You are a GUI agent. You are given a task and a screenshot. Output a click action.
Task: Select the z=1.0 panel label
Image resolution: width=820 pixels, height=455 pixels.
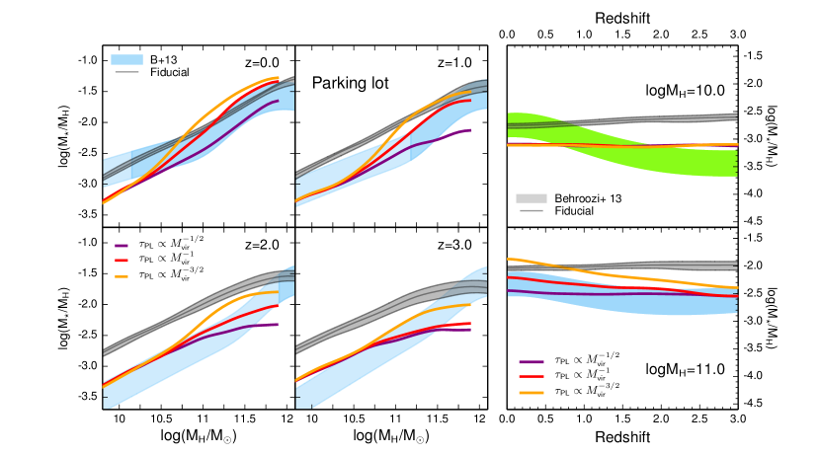[x=457, y=62]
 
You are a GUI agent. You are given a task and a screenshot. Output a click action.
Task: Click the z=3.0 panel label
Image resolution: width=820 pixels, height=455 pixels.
[x=457, y=245]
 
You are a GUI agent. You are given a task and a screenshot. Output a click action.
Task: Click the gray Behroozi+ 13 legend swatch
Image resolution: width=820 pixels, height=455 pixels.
[x=533, y=198]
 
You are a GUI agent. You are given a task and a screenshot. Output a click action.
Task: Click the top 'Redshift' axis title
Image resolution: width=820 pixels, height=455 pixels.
[x=622, y=19]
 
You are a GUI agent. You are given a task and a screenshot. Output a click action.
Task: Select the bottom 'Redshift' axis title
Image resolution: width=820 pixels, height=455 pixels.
[x=622, y=435]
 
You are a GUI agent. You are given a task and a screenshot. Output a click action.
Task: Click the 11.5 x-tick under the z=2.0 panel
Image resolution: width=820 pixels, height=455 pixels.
[x=245, y=419]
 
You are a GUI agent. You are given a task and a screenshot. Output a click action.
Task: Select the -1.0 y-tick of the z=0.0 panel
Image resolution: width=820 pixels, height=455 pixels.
[x=89, y=60]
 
